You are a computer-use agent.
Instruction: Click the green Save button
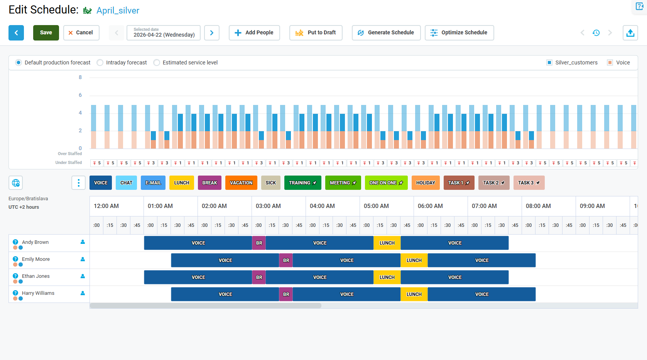coord(46,33)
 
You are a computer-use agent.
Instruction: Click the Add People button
coord(254,33)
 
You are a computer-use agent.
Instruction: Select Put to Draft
coord(316,33)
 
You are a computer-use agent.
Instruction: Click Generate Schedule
coord(386,33)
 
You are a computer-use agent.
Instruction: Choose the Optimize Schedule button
coord(459,33)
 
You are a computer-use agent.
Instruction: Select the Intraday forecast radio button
coord(100,63)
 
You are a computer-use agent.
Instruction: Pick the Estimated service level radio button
coord(157,63)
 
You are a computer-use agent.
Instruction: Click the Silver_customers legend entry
coord(572,63)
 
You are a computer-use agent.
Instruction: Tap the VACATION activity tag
coord(241,183)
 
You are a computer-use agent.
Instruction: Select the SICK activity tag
coord(270,183)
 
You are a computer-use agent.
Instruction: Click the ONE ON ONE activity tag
coord(386,183)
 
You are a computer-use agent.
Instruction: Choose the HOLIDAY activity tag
coord(426,183)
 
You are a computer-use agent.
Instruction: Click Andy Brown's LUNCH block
coord(387,243)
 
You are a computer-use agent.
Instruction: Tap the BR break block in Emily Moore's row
coord(286,260)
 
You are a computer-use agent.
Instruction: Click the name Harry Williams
coord(38,293)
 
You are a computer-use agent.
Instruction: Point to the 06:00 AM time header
coord(430,206)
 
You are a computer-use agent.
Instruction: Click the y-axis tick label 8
coord(80,78)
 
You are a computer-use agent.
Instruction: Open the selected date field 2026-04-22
coord(164,33)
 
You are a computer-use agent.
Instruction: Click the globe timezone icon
coord(15,183)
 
